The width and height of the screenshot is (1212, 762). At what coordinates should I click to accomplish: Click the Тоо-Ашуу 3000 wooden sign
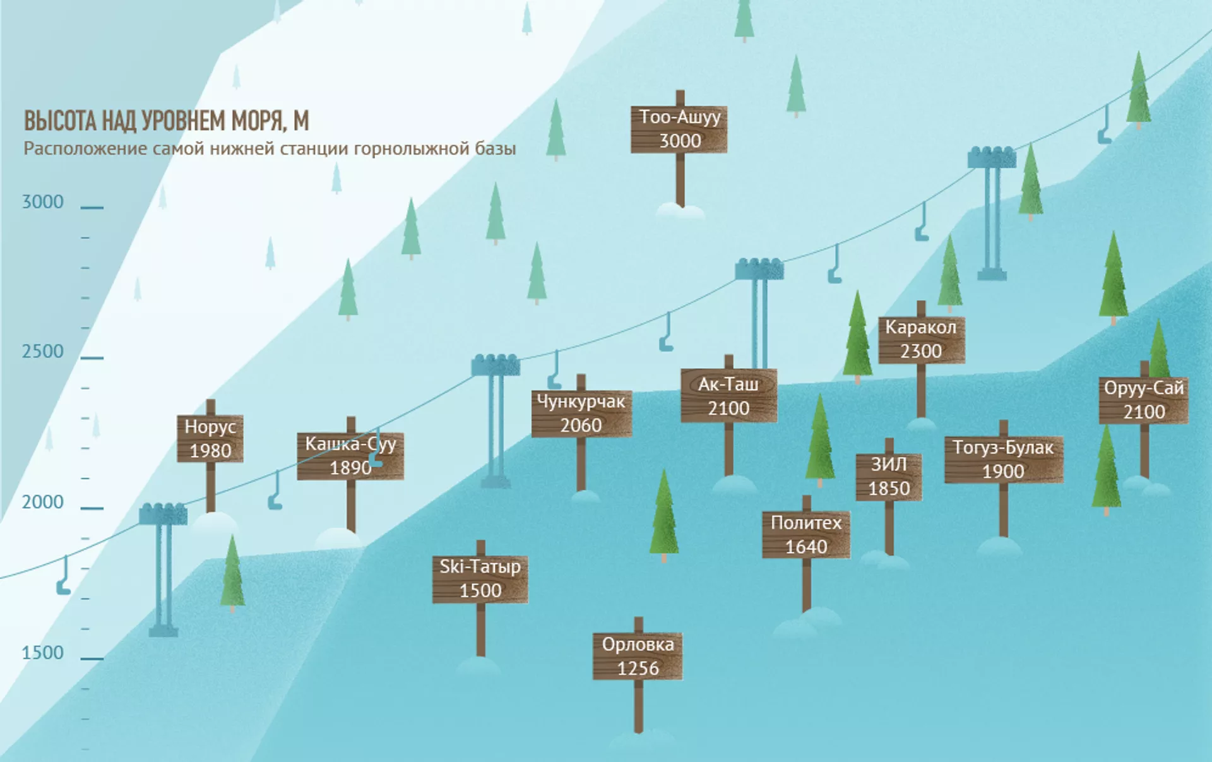(x=679, y=129)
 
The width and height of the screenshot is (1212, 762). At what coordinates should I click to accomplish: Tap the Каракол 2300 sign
(x=921, y=340)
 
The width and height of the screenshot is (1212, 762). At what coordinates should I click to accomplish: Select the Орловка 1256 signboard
(x=638, y=657)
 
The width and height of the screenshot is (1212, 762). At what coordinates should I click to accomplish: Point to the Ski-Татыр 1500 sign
(x=480, y=579)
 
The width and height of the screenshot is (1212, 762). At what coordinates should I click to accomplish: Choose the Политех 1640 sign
(x=806, y=535)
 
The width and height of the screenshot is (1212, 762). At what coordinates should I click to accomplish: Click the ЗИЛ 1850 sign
(x=889, y=477)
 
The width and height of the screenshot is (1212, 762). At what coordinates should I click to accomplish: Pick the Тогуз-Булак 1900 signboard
(x=1003, y=460)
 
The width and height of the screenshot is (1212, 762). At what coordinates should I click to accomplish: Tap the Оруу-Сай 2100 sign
(x=1143, y=400)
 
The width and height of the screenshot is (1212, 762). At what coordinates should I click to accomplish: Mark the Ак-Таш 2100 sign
(x=728, y=396)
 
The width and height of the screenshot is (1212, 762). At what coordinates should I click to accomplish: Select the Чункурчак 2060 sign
(x=581, y=414)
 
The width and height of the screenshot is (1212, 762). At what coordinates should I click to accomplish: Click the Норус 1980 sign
(x=210, y=439)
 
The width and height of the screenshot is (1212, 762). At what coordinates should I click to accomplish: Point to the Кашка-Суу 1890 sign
(x=350, y=456)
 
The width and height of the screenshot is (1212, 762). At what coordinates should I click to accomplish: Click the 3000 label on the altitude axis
(x=43, y=202)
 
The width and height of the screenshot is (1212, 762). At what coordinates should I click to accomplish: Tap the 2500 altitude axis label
(x=43, y=352)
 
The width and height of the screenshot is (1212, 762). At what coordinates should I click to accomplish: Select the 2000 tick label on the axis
(x=43, y=503)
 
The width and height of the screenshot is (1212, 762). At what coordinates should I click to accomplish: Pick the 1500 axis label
(x=43, y=653)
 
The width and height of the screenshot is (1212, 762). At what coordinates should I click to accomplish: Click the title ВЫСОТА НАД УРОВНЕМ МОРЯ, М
(x=167, y=121)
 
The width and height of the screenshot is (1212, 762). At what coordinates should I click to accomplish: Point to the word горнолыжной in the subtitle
(x=412, y=149)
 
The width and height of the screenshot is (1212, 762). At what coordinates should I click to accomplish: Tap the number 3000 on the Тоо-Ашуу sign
(x=680, y=141)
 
